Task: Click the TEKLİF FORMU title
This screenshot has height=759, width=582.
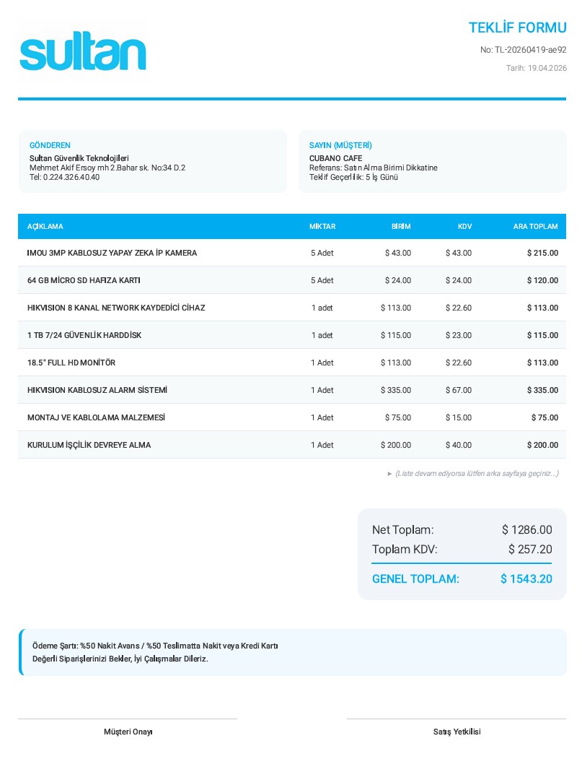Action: tap(517, 28)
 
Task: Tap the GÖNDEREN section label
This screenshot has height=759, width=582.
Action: tap(50, 145)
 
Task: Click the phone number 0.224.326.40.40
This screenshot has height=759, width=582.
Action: tap(71, 177)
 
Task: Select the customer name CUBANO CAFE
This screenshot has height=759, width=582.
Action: tap(335, 158)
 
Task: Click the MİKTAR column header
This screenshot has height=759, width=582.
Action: tap(322, 226)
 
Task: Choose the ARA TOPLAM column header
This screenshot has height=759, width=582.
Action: tap(535, 226)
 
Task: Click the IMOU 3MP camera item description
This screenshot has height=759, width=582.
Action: tap(112, 253)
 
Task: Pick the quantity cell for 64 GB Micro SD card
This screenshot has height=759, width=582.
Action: tap(322, 280)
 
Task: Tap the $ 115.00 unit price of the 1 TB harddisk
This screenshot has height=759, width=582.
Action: tap(396, 335)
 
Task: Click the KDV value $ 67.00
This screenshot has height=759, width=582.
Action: tap(459, 390)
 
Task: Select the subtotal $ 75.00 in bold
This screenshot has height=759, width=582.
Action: tap(544, 417)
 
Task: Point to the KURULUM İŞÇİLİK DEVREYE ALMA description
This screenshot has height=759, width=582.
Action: tap(89, 445)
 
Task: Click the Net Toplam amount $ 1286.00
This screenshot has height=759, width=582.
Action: tap(526, 530)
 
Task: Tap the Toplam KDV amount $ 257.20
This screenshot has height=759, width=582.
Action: tap(530, 550)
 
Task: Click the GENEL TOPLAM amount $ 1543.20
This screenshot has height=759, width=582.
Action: tap(526, 579)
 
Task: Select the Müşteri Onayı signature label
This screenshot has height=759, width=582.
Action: tap(128, 732)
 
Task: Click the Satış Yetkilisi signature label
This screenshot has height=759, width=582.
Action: tap(457, 732)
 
